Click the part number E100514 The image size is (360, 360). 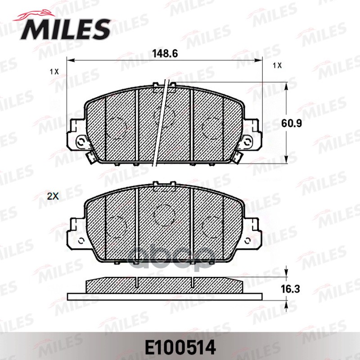click(180, 347)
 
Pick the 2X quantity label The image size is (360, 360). click(54, 196)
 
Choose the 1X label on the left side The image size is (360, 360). click(54, 72)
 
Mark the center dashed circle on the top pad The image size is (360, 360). click(164, 116)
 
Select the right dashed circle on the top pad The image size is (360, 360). click(211, 127)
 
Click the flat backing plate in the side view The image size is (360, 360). click(164, 297)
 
